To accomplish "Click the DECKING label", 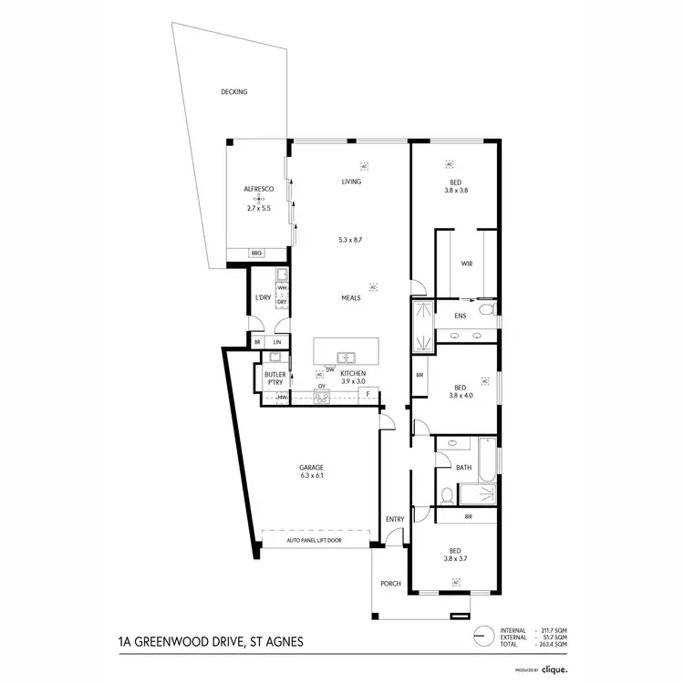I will pos(234,92).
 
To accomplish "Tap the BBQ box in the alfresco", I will pos(256,254).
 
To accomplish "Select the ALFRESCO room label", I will pos(259,189).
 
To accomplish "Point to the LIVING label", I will pos(351,181).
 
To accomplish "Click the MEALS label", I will pos(351,297).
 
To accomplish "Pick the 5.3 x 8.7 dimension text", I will pos(351,240).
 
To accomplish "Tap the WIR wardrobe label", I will pos(466,264).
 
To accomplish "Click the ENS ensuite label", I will pos(461,316).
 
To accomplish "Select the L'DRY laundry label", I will pos(263,298).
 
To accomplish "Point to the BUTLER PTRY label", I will pos(275,378).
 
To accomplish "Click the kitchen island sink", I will pos(346,357).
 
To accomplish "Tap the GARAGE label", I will pos(312,469).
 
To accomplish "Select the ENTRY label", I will pos(395,519).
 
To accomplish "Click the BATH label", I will pos(464,468).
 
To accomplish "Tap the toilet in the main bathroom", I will pos(445,496).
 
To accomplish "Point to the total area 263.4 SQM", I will pos(551,644).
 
